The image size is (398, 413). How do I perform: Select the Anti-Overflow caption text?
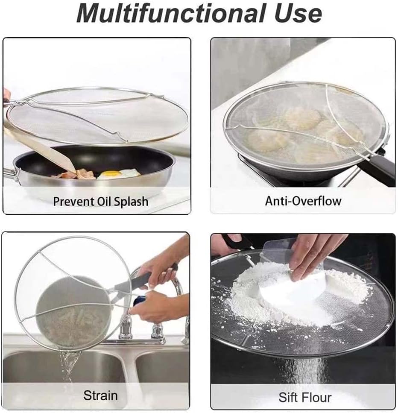(303, 201)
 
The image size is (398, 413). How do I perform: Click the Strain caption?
(100, 395)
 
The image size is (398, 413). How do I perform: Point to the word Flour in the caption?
(317, 398)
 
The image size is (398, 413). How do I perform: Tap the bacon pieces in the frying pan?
(76, 174)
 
